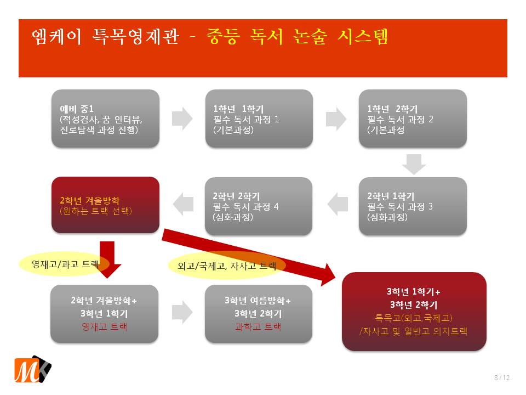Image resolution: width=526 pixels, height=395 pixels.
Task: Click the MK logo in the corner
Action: point(32,369)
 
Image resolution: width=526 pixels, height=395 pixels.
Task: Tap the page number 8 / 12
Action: point(501,377)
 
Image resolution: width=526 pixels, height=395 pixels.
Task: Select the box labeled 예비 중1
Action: point(105,119)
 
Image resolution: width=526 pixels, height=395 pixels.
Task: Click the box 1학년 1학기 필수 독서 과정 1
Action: point(259,119)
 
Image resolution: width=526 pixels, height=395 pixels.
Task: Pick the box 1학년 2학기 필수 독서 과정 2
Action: point(413,119)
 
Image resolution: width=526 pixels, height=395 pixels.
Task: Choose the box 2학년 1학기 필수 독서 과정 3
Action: point(413,206)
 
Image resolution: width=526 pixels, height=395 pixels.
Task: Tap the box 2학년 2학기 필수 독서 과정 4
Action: point(259,206)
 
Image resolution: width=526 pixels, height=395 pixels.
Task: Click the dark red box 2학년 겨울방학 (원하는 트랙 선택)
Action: point(105,206)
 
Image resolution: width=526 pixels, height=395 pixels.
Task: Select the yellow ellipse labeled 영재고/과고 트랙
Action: point(65,264)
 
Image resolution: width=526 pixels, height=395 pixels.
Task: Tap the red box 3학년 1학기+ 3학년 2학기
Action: point(414,311)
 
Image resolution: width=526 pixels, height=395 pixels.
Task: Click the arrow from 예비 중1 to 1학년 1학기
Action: point(182,118)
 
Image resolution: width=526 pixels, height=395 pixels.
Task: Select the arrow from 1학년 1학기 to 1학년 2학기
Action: point(336,118)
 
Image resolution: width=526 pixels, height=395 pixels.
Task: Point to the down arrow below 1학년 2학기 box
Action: point(414,163)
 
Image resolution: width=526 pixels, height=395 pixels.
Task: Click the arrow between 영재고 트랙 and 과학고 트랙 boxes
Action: point(182,312)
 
